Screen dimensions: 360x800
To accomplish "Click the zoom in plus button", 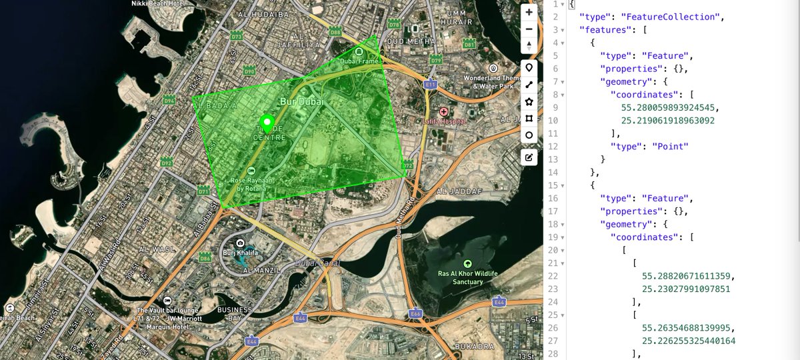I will [529, 13].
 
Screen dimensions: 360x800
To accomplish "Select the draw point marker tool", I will [529, 67].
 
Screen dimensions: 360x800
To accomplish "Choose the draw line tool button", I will [529, 85].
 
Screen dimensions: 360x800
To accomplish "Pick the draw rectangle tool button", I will [529, 118].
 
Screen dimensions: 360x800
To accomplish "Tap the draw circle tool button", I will [529, 135].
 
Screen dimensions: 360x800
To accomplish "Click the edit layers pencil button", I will [529, 157].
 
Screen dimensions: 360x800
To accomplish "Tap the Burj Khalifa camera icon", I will [240, 242].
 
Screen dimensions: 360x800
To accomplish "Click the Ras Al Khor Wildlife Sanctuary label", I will [468, 277].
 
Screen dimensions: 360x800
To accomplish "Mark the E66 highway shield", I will [415, 313].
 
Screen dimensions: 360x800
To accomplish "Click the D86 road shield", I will [205, 257].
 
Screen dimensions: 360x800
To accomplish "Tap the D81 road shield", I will [469, 45].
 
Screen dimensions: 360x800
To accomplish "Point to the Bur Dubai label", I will [302, 102].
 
